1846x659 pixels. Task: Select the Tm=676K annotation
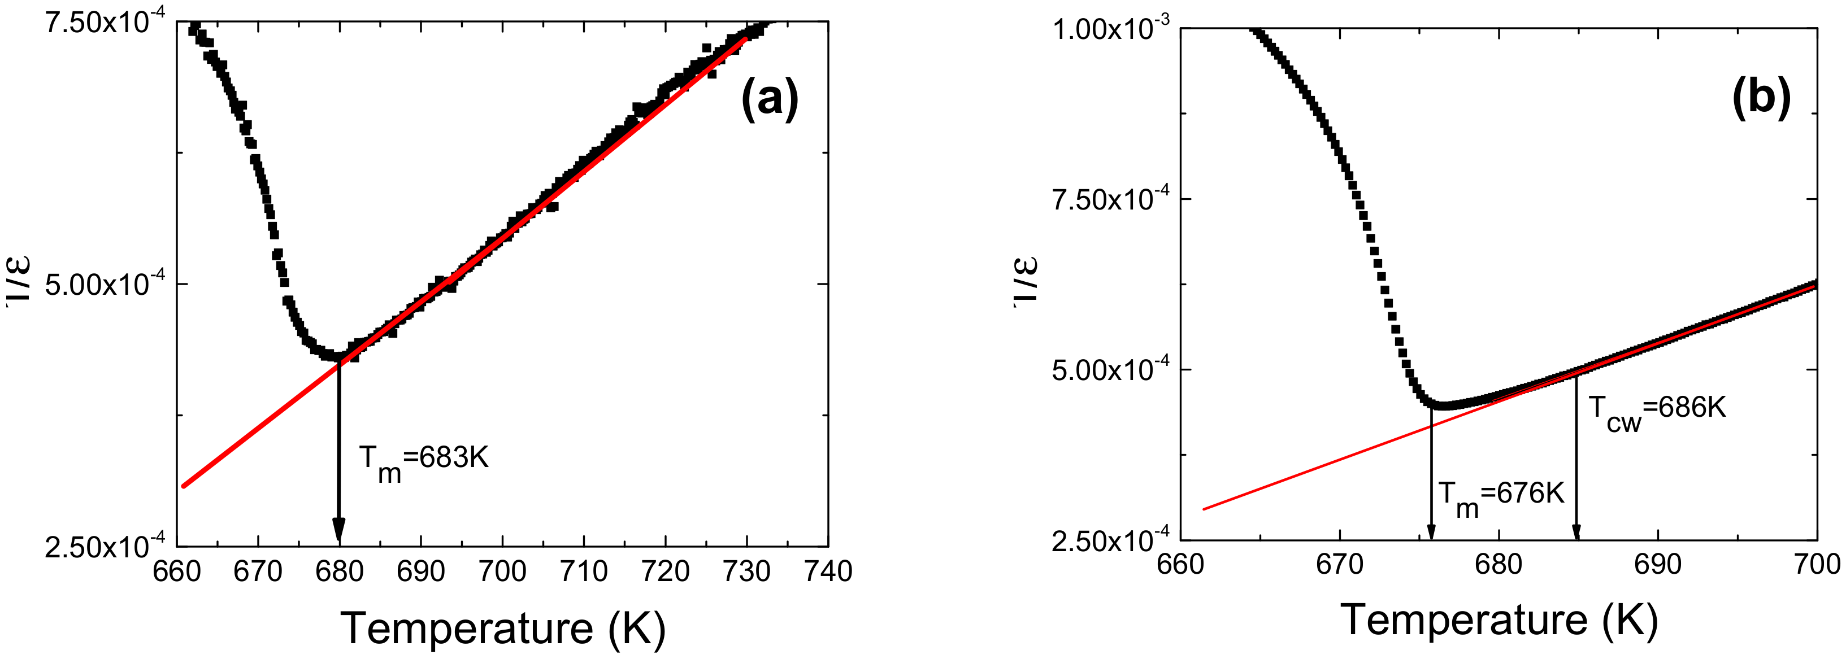[1501, 496]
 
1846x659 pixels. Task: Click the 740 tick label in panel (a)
[828, 571]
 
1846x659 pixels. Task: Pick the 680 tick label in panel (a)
[339, 571]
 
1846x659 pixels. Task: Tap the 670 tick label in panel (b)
[1339, 565]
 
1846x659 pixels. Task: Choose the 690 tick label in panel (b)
[1657, 565]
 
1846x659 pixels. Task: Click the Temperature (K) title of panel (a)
[502, 628]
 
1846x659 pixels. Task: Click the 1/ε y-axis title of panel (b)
[1026, 283]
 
